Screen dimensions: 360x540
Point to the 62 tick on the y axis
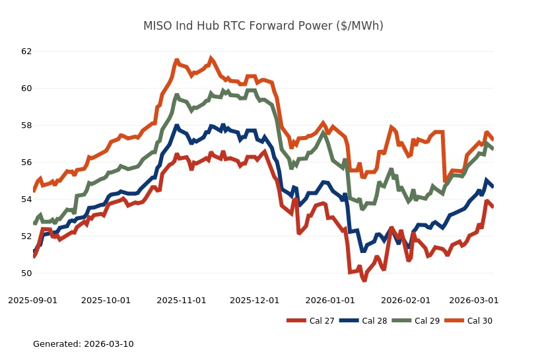(26, 52)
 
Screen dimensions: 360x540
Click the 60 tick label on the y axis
(26, 89)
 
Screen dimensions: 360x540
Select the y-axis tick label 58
(26, 126)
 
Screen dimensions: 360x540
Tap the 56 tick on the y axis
(26, 162)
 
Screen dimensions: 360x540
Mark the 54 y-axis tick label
(26, 199)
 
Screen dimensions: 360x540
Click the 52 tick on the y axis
(26, 236)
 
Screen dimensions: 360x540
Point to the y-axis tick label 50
(26, 273)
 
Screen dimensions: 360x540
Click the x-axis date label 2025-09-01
(33, 301)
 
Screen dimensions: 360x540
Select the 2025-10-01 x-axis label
(106, 301)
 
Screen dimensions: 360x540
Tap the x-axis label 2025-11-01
(182, 301)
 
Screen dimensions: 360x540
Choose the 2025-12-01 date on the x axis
(255, 301)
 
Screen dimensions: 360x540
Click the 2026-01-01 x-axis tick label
(330, 301)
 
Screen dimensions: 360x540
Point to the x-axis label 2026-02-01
(405, 301)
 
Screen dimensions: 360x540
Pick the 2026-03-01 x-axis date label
(474, 301)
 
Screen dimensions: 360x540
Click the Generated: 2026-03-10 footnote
(83, 344)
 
